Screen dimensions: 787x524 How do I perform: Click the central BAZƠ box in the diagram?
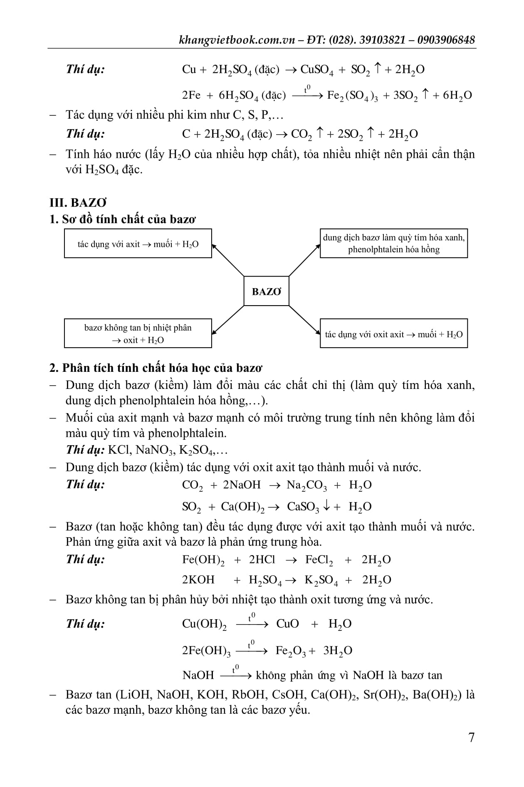(266, 291)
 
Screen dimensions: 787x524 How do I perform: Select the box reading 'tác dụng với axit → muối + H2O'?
(138, 244)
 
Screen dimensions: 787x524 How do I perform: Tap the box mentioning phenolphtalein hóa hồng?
(393, 244)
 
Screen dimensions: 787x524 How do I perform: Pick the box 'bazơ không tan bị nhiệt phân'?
(138, 334)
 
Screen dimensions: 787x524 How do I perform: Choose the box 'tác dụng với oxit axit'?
(393, 334)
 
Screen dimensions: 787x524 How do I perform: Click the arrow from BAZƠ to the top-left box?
(228, 260)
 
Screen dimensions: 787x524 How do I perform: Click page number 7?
(471, 737)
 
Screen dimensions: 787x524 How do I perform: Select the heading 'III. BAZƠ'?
(78, 203)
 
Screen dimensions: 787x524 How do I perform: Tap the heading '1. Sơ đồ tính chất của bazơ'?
(122, 219)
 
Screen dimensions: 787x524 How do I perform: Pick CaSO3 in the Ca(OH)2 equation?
(303, 507)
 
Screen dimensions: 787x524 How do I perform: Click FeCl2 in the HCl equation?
(319, 560)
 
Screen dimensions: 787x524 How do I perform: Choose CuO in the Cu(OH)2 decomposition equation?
(287, 624)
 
